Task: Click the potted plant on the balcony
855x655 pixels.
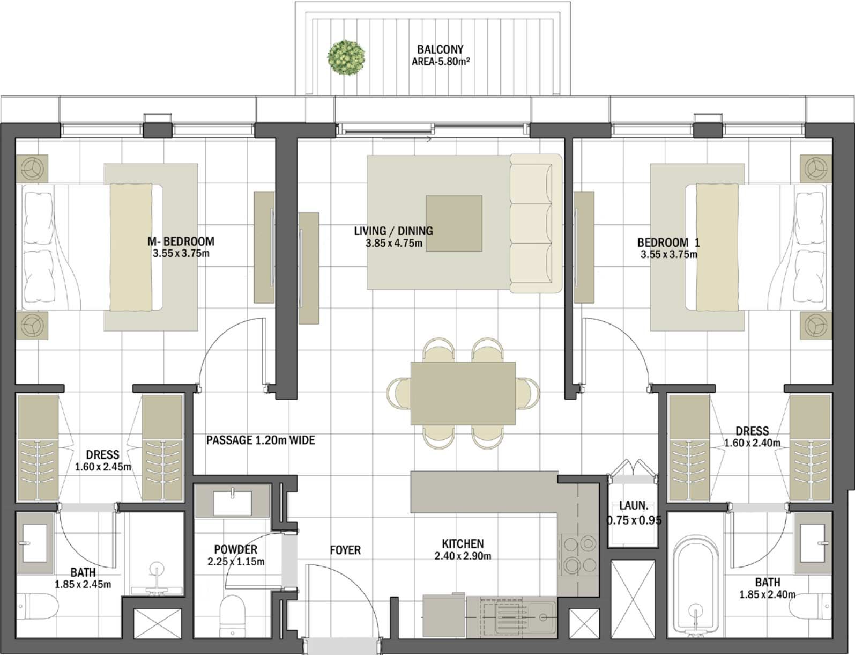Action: pos(346,57)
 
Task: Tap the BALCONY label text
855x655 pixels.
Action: pos(440,50)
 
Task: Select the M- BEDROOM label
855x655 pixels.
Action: pos(181,241)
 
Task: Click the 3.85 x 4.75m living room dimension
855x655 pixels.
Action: pos(393,244)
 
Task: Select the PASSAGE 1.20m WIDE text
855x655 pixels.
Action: pos(261,440)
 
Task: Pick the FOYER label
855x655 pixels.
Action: pos(345,550)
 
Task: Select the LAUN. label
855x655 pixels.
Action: pos(634,505)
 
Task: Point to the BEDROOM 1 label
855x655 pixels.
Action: pos(668,242)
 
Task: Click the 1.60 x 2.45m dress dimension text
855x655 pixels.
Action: pos(103,467)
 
